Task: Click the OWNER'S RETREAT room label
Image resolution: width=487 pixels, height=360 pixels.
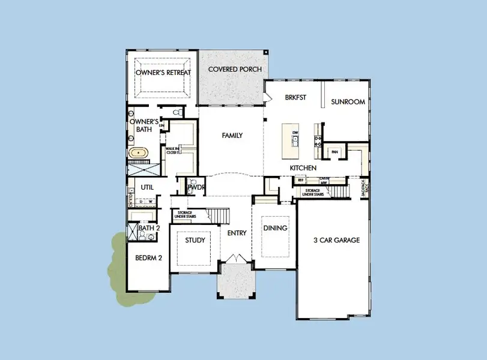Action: point(163,73)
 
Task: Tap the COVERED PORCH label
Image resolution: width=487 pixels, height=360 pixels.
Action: point(235,70)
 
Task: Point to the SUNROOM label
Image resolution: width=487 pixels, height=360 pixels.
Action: point(348,102)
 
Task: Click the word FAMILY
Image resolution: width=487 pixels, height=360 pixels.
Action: point(232,136)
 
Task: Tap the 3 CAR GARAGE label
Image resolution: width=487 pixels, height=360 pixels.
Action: point(336,241)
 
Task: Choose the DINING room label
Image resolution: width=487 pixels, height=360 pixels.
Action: point(275,228)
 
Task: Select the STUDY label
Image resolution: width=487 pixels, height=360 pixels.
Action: point(195,241)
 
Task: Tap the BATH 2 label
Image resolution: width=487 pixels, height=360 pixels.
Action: point(149,228)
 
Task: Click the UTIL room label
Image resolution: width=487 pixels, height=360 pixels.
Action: point(148,187)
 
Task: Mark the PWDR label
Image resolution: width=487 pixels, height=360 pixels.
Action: point(196,188)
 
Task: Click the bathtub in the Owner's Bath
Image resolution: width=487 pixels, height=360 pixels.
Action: point(139,153)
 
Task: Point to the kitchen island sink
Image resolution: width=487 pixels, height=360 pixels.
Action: point(295,141)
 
